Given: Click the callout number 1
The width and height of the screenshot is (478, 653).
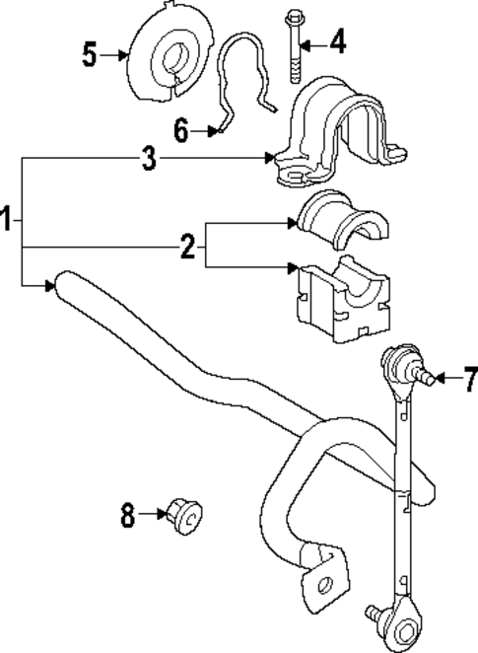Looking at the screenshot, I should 8,219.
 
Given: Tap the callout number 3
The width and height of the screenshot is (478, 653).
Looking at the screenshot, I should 148,158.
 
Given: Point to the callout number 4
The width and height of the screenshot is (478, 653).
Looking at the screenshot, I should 337,42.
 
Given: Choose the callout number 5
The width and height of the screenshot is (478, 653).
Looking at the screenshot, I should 90,54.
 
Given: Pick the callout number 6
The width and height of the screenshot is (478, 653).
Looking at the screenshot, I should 180,129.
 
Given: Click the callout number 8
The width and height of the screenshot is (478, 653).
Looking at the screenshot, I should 127,513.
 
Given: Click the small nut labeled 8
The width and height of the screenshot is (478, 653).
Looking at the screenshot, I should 184,516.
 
